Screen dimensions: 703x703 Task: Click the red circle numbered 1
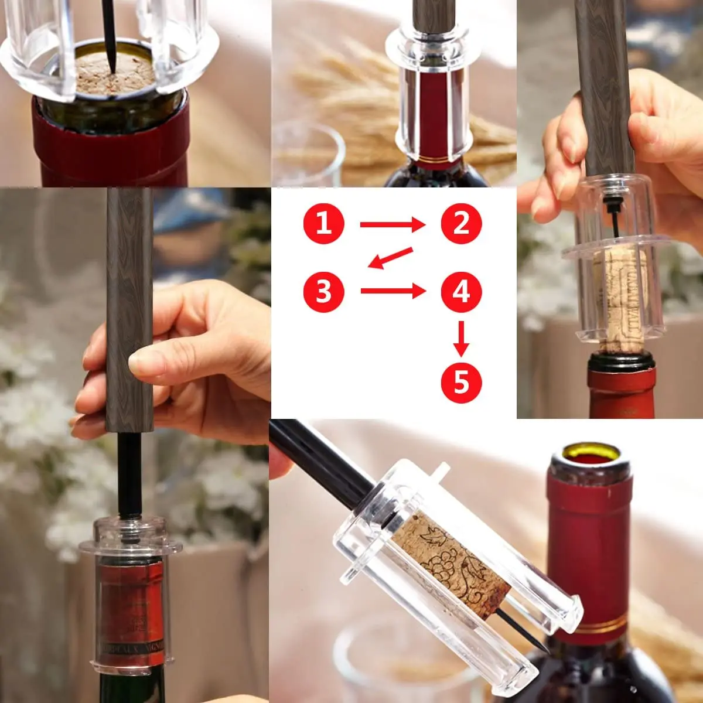coord(323,224)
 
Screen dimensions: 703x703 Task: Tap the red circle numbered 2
coord(461,224)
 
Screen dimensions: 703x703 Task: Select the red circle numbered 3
coord(323,291)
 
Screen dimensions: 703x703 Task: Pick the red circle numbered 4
coord(461,291)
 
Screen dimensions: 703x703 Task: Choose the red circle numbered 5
coord(461,383)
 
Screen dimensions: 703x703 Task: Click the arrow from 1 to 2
coord(391,224)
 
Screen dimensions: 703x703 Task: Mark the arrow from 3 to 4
coord(391,291)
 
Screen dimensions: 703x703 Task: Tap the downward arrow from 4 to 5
coord(461,338)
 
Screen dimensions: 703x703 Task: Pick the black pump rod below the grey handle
coord(129,475)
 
